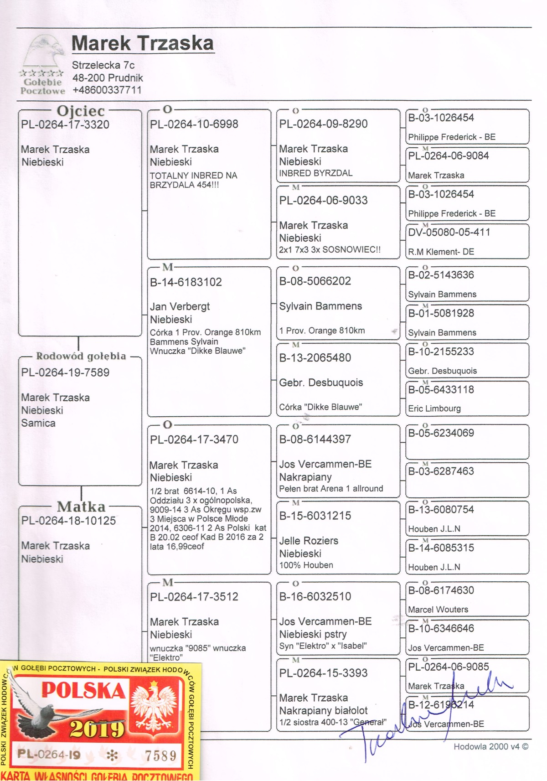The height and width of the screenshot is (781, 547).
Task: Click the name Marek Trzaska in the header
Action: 143,44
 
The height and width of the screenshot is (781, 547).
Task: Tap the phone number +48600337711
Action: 107,90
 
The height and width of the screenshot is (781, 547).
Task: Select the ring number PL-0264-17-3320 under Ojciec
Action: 65,125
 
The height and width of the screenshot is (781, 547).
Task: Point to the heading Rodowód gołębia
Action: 81,356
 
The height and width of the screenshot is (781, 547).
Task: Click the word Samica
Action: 38,423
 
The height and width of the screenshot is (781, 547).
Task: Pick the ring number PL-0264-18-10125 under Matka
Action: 68,521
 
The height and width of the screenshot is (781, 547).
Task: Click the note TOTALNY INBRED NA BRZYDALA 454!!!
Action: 193,180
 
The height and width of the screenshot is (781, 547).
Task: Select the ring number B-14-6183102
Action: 186,282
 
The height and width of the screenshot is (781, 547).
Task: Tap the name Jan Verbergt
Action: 180,306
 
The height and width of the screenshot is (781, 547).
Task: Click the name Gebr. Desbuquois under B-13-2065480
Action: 321,383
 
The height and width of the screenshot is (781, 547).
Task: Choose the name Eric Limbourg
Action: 434,409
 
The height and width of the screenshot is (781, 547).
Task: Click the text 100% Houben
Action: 306,565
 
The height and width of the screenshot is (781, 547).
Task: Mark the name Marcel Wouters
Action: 438,610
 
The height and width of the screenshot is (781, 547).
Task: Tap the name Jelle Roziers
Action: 309,541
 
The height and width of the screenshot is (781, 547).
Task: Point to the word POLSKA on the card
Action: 83,690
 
